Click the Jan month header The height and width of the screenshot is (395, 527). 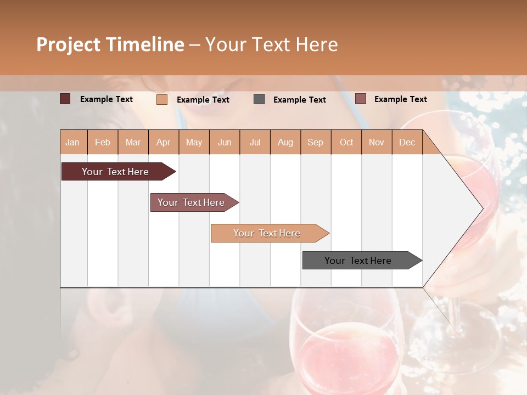coord(72,142)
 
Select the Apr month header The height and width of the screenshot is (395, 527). coord(163,142)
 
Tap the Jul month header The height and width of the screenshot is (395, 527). coord(255,142)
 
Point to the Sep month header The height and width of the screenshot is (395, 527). coord(315,142)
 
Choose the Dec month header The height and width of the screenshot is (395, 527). coord(407,142)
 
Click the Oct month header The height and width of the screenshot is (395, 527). coord(346,142)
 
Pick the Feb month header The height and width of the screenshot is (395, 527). coord(103,142)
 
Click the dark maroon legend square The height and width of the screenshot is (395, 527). coord(65,99)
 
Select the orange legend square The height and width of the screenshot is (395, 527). coord(162,99)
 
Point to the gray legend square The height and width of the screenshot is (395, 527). coord(259,99)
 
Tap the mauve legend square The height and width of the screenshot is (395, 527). coord(361,99)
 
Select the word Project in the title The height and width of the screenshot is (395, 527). coord(69,44)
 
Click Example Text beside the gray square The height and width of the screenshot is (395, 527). coord(300,100)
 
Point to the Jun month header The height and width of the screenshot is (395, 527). coord(225,142)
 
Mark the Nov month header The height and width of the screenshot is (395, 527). coord(377,142)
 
